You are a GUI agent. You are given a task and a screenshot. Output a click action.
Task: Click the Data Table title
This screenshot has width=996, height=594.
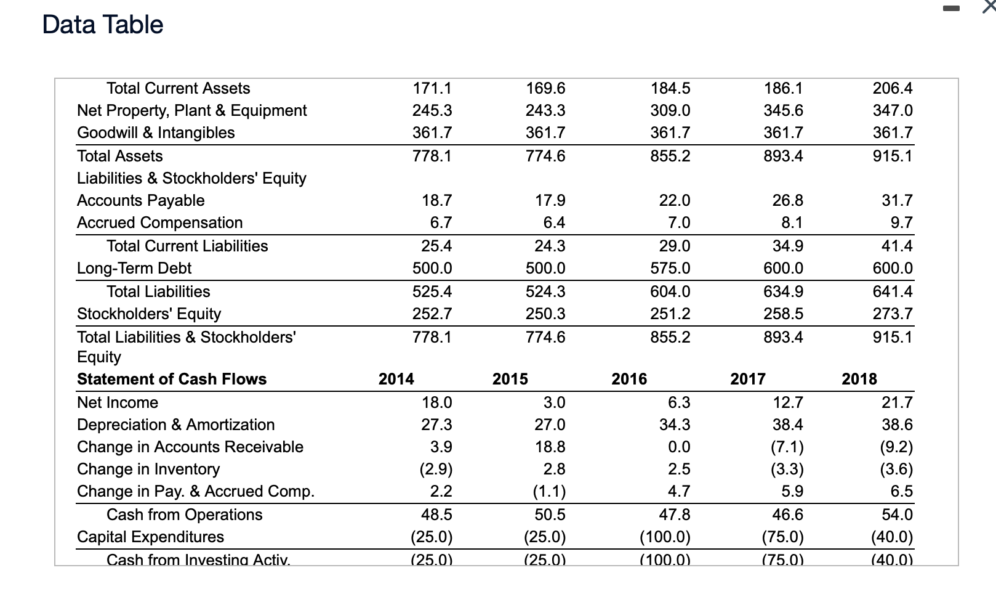pos(103,25)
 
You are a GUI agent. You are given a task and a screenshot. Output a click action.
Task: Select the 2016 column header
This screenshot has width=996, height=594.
pos(629,379)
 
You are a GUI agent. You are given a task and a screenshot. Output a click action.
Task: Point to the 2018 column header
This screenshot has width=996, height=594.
pos(859,379)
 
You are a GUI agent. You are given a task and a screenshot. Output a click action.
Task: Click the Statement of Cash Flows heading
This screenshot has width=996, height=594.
pos(172,379)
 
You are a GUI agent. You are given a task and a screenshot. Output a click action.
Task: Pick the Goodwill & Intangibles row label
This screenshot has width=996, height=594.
pos(156,132)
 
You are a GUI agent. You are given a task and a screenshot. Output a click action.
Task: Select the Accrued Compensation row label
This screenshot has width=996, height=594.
pos(159,222)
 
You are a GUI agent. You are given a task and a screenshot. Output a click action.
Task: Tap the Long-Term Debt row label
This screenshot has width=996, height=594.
pos(134,268)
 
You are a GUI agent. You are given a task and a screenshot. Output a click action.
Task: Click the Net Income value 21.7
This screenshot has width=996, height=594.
pos(897,402)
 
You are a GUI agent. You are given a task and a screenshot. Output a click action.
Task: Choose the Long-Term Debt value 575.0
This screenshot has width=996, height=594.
pos(670,268)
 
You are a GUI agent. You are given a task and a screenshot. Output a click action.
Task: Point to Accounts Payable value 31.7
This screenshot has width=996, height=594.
pos(897,200)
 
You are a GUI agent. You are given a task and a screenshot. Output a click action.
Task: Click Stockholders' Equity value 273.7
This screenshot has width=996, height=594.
pos(893,314)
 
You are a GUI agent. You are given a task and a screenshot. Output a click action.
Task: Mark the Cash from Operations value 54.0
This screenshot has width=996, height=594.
pos(897,515)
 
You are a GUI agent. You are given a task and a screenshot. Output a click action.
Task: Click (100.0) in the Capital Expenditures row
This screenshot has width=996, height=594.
pos(665,537)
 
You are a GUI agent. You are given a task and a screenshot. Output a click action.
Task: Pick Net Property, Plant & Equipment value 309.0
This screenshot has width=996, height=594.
pos(670,110)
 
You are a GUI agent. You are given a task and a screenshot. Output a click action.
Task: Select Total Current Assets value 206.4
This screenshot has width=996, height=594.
pos(893,88)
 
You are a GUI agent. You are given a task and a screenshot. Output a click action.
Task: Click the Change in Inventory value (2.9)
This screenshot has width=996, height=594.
pos(436,469)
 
